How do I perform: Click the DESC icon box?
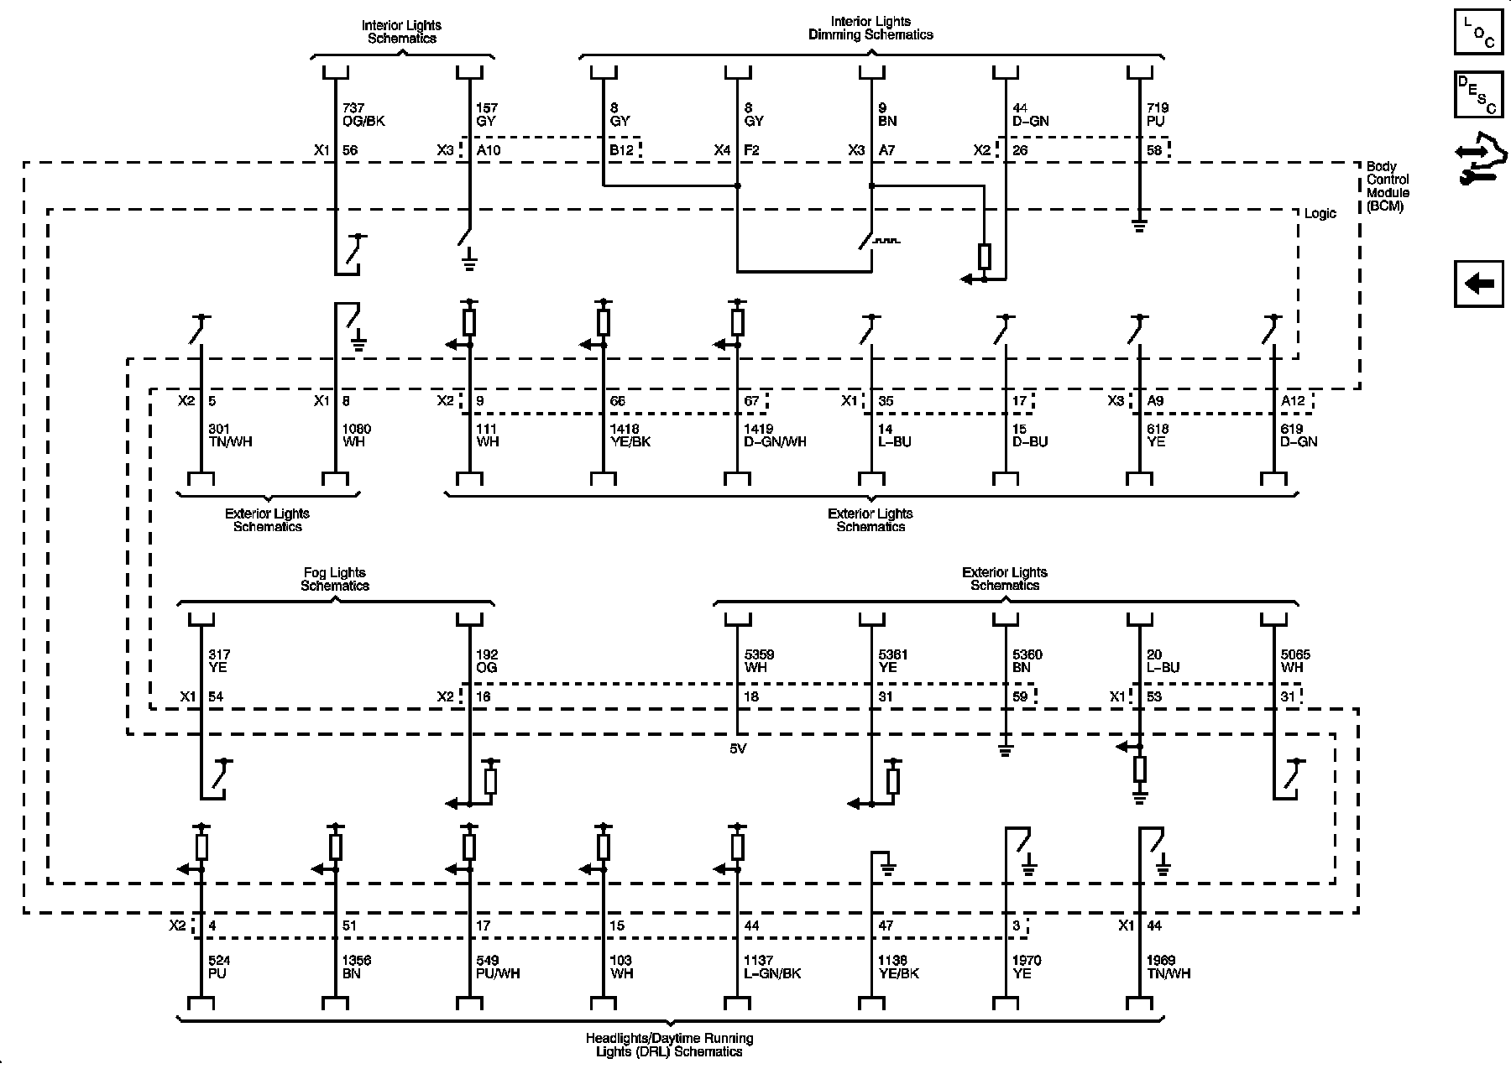pos(1478,94)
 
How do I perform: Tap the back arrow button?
pos(1478,284)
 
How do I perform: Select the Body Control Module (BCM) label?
pos(1388,186)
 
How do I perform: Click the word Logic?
pos(1320,214)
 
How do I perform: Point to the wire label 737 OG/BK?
pos(363,114)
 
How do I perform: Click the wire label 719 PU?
pos(1158,114)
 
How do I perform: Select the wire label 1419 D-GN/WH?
pos(775,435)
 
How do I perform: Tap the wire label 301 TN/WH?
pos(229,435)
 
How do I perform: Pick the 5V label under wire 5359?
pos(738,748)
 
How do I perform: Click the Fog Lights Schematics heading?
pos(335,579)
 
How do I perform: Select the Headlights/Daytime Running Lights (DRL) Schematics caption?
pos(669,1045)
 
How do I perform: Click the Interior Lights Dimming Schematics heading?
pos(871,28)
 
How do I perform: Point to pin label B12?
pos(622,151)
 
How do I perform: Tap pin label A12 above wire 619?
pos(1293,401)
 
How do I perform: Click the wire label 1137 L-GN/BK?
pos(772,967)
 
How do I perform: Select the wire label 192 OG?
pos(487,661)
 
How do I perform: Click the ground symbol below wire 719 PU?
pos(1139,224)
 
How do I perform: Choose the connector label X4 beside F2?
pos(722,151)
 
